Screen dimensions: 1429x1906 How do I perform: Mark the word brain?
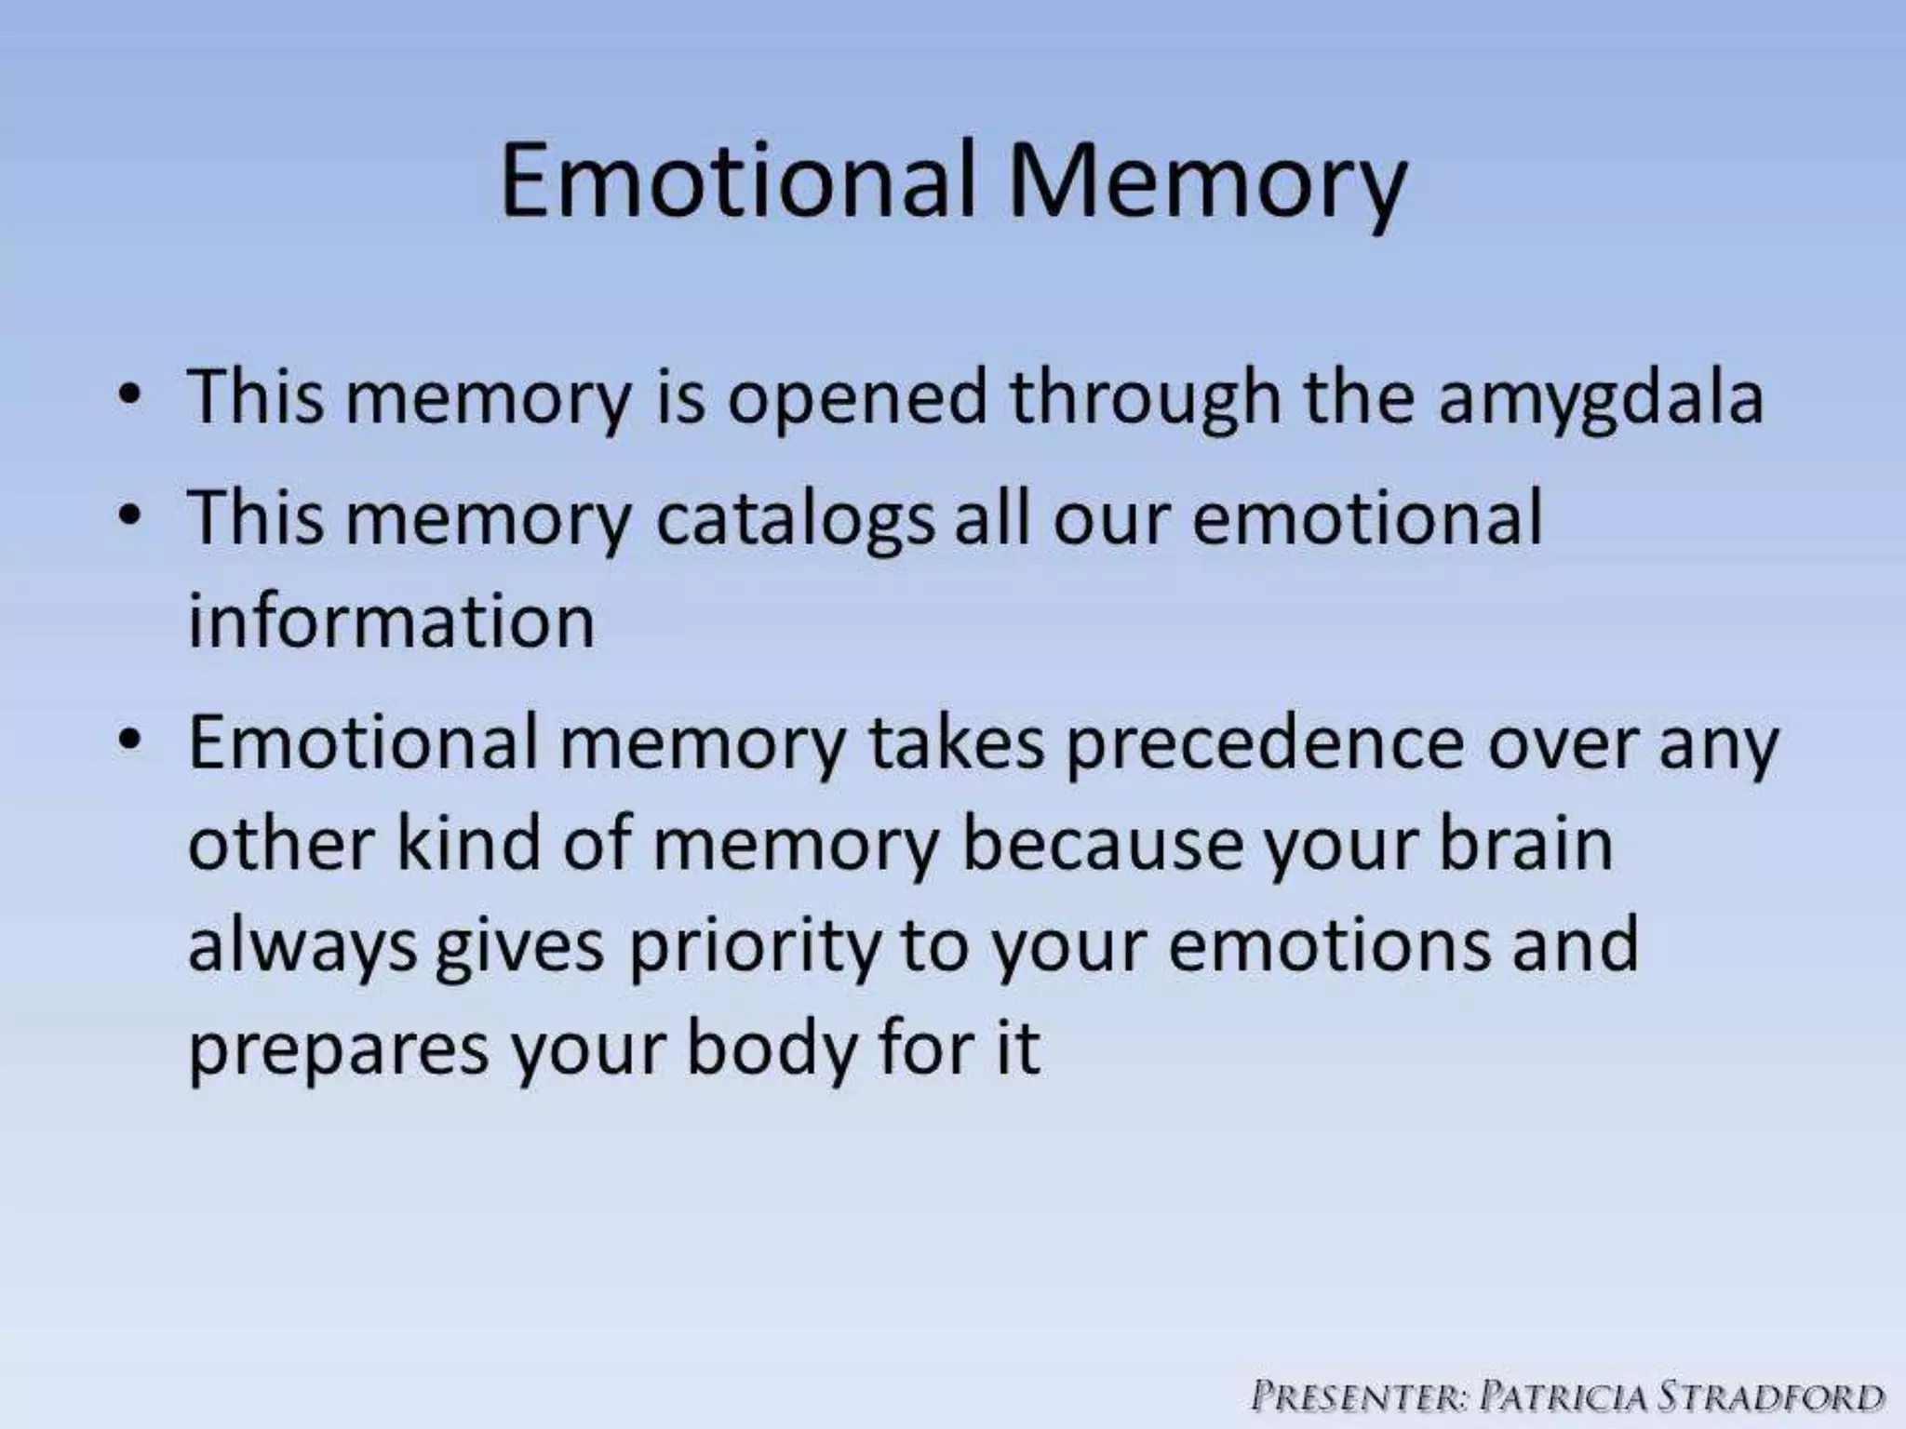click(1526, 844)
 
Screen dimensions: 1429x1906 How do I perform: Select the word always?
click(302, 947)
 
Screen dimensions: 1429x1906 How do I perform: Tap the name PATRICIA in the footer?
click(1563, 1396)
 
